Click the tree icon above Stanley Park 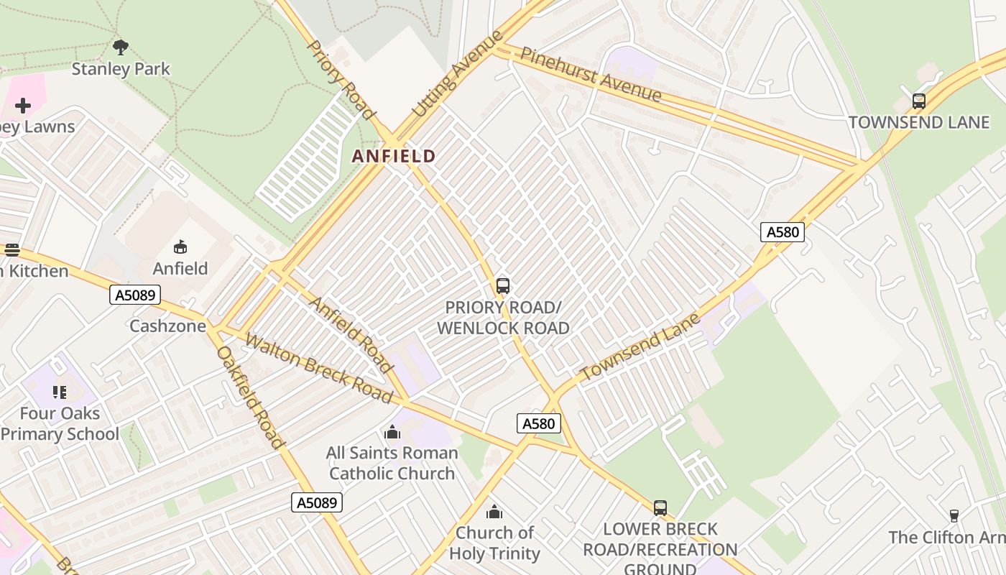tap(121, 47)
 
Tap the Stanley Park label tap(121, 69)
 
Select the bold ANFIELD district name tap(394, 156)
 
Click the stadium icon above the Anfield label tap(180, 247)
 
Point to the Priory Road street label tap(341, 80)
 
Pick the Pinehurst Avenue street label tap(591, 74)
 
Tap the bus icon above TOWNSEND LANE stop tap(918, 101)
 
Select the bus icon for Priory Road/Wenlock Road tap(503, 286)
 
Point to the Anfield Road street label tap(351, 334)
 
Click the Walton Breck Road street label tap(318, 367)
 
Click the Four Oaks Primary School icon tap(60, 392)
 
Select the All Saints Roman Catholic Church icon tap(392, 432)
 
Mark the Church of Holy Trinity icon tap(494, 512)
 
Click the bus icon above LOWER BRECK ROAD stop tap(660, 508)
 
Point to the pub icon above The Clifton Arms tap(954, 515)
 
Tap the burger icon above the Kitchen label tap(12, 250)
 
